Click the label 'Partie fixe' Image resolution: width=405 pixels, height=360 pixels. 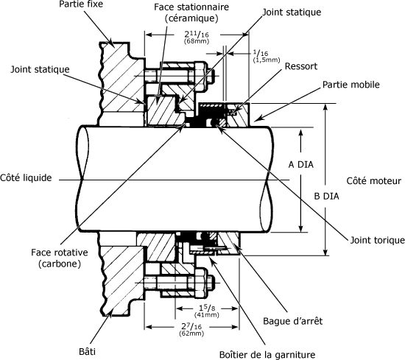81,4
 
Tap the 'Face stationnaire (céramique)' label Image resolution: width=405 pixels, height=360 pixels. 191,13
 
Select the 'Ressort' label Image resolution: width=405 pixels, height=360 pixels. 301,66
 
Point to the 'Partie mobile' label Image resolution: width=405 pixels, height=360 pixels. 351,85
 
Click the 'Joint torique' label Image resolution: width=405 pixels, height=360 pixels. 377,240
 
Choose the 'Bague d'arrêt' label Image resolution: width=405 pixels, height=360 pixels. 293,321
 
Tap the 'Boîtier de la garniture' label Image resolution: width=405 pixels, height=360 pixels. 267,355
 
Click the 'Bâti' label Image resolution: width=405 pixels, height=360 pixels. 87,351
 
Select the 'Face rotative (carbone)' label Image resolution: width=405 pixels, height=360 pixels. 60,258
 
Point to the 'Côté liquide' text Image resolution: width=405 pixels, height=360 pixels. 26,178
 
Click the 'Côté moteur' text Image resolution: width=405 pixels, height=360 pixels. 374,181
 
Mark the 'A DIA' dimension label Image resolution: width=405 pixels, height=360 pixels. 301,164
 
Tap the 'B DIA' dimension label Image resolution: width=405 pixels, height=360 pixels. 326,197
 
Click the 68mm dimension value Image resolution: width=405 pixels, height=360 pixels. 197,41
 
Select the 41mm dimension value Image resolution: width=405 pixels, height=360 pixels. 207,315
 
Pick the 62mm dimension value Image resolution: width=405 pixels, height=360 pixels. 191,333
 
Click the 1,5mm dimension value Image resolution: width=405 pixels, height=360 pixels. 267,60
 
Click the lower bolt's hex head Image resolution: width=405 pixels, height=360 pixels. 202,283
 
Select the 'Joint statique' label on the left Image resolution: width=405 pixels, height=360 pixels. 40,69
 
